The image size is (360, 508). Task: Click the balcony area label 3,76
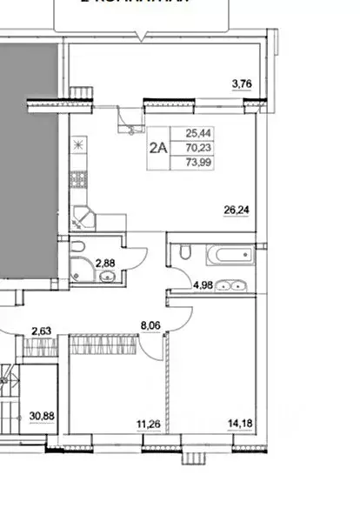pos(241,84)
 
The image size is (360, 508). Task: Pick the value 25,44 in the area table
pos(196,133)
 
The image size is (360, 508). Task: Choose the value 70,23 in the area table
pos(196,148)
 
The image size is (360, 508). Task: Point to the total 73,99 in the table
pos(196,163)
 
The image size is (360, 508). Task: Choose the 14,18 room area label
pos(236,425)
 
